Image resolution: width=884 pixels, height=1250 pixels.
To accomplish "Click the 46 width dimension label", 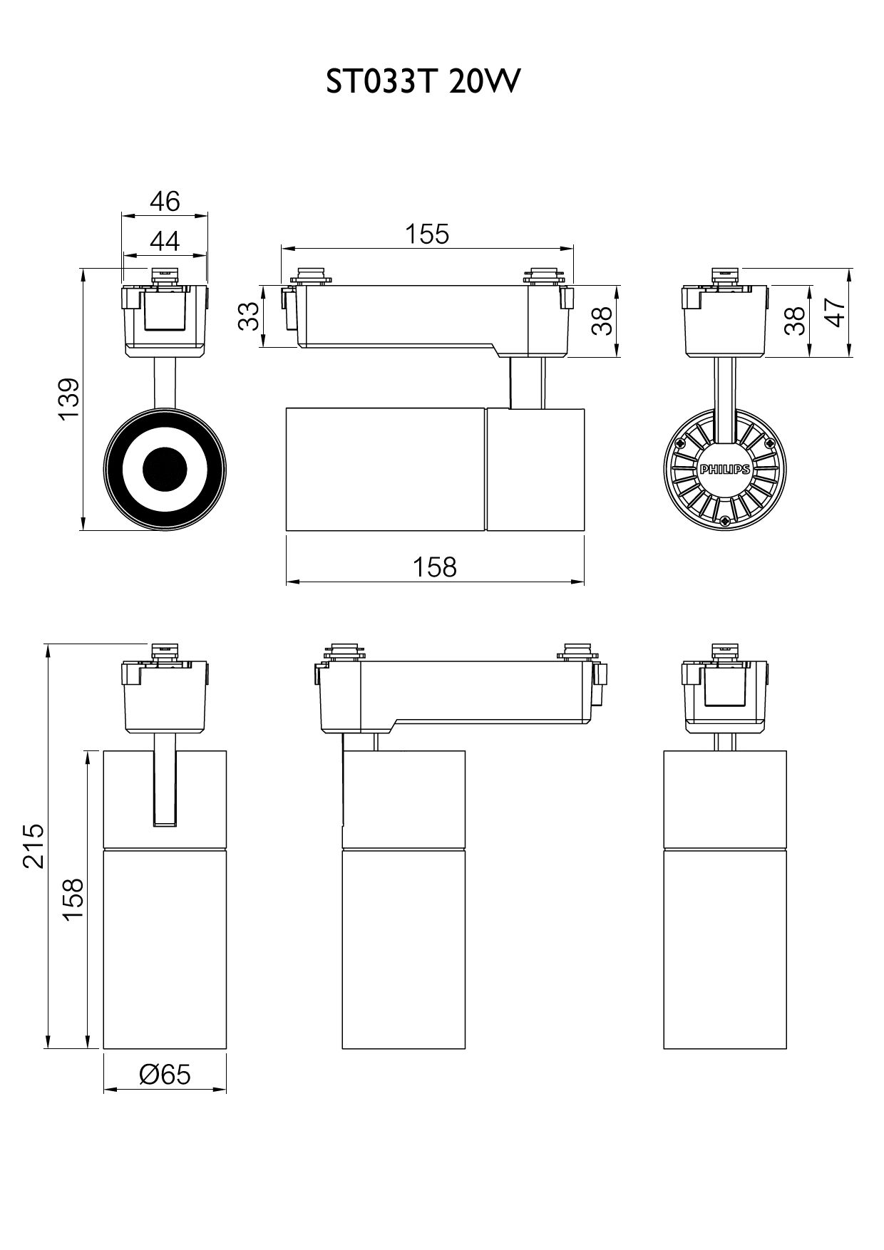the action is tap(165, 202).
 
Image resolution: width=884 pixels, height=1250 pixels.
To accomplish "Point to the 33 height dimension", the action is tap(247, 316).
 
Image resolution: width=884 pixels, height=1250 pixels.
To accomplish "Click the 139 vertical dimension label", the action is tap(69, 399).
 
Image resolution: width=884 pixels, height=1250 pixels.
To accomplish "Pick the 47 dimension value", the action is tap(835, 312).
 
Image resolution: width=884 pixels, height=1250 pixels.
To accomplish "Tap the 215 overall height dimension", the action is tap(34, 846).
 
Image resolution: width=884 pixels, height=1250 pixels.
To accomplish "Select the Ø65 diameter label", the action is tap(165, 1074).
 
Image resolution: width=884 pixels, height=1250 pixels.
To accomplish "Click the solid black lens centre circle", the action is tap(165, 469).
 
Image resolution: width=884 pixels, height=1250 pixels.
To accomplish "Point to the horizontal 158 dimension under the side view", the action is tap(435, 567).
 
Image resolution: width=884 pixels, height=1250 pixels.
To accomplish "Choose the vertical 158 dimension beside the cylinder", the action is tap(73, 900).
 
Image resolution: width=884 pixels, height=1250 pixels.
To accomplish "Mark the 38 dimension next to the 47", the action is tap(794, 320).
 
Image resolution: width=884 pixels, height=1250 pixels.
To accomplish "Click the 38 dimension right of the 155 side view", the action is tap(602, 320).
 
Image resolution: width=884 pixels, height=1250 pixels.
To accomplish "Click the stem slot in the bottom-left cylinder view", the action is tap(165, 781).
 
